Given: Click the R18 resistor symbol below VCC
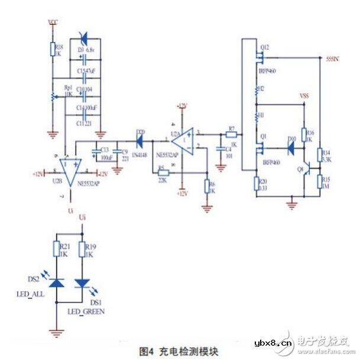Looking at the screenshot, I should [x=52, y=50].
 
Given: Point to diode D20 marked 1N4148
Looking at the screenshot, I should [x=140, y=141].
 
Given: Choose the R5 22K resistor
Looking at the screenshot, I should [x=164, y=173].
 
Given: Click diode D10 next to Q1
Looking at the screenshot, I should [x=290, y=148].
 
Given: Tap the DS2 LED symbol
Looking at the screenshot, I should [x=57, y=283].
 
